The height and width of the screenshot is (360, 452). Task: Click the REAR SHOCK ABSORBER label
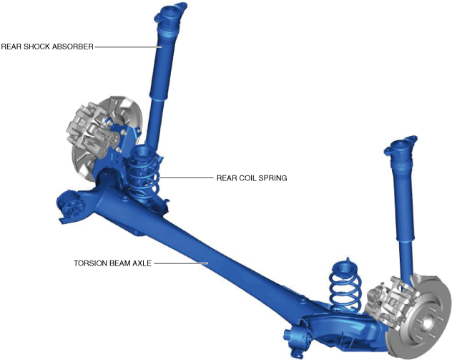click(x=47, y=47)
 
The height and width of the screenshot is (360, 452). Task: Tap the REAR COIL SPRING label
click(x=252, y=178)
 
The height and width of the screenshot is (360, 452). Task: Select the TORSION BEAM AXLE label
click(x=112, y=263)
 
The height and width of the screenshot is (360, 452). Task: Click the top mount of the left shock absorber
click(x=170, y=14)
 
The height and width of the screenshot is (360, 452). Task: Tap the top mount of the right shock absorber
click(x=401, y=147)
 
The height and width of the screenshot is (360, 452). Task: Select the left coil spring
click(x=143, y=173)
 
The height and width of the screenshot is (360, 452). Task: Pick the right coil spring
click(x=345, y=284)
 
